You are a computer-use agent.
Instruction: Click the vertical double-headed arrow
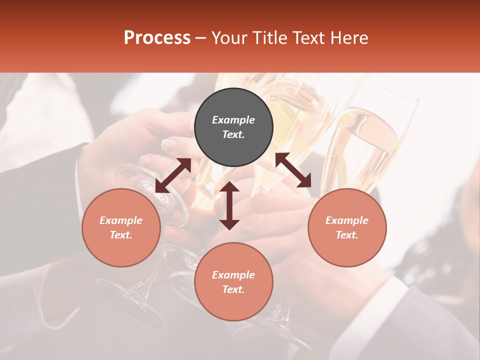click(229, 205)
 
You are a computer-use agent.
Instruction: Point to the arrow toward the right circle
click(293, 170)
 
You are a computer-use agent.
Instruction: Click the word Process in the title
click(157, 37)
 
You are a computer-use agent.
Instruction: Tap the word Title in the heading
click(271, 38)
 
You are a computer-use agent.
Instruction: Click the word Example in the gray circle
click(233, 120)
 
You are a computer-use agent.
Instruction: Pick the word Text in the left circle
click(121, 235)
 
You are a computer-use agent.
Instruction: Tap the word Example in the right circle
click(347, 220)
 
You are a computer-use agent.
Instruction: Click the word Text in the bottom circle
click(233, 289)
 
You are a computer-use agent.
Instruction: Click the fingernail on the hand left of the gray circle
click(169, 145)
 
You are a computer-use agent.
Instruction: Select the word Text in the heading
click(311, 38)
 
